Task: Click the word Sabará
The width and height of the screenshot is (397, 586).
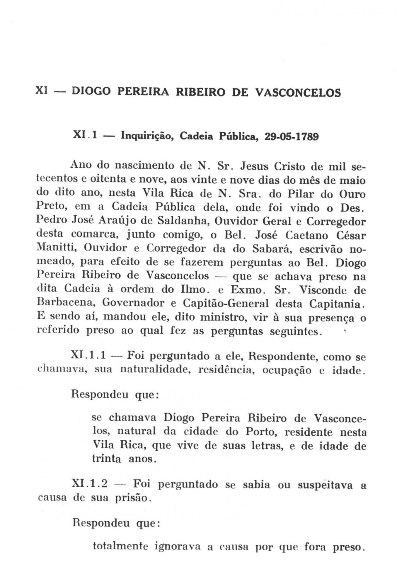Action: click(x=272, y=248)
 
